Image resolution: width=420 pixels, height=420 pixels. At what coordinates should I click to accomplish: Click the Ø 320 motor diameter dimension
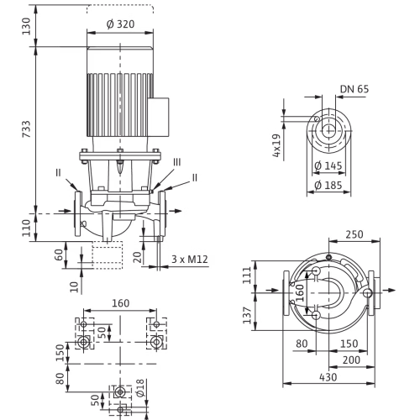pos(120,24)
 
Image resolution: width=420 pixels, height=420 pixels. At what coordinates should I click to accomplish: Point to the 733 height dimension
pos(26,129)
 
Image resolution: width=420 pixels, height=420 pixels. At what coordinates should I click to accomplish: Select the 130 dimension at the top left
pos(26,26)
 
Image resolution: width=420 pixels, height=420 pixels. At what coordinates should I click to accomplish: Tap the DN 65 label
pos(354,89)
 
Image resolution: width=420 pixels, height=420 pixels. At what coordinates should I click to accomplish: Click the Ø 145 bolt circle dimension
pos(328,165)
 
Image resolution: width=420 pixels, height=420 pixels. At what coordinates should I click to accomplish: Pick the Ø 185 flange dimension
pos(328,185)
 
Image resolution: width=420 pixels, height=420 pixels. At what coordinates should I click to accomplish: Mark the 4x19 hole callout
pos(276,145)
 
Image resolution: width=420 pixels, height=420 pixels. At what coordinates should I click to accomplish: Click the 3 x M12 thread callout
pos(190,260)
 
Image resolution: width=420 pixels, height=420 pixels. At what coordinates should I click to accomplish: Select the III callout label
pos(177,162)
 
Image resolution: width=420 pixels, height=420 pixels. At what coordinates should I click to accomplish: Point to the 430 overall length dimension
pos(328,377)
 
